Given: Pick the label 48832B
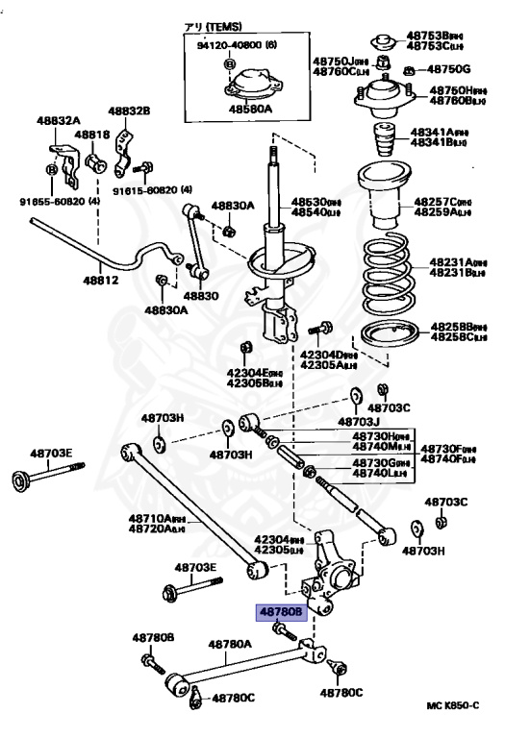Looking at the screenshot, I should [x=129, y=111].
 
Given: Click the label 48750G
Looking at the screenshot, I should [x=449, y=69].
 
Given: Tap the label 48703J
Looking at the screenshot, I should [x=359, y=421].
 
